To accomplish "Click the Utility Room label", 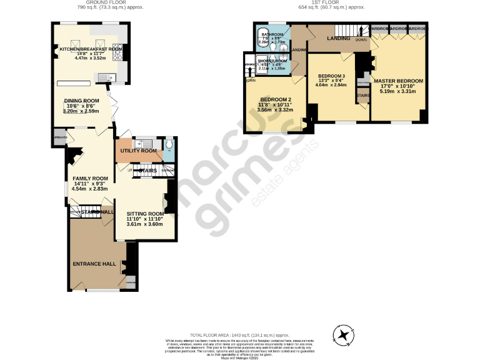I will (138, 151).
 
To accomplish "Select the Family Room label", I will (90, 178).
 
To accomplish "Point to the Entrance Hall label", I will (95, 264).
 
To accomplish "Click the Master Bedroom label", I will (398, 81).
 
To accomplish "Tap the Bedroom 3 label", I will (331, 76).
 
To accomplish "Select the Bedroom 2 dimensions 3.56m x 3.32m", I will (275, 110).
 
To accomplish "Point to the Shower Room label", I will (272, 61).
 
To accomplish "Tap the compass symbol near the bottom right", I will (344, 336).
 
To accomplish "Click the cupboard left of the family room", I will (60, 137).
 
